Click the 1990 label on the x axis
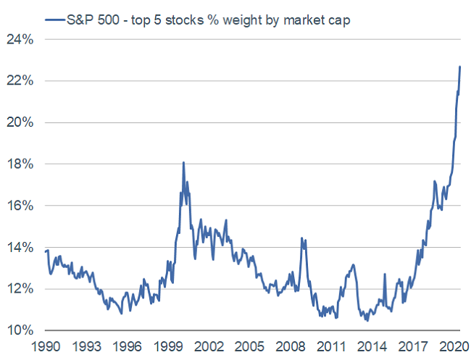[46, 346]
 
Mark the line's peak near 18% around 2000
[183, 162]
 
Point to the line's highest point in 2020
[460, 67]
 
